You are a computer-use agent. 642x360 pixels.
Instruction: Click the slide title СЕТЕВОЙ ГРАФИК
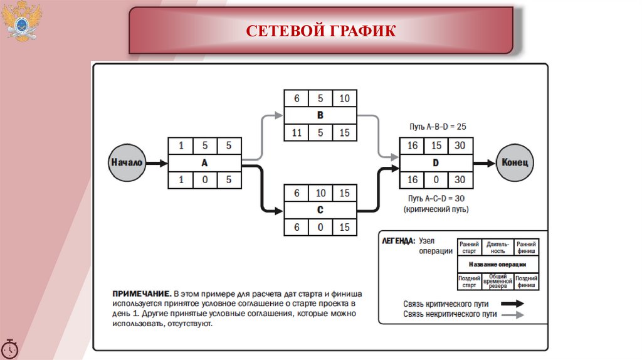point(320,31)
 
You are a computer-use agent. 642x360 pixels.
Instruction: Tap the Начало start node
point(127,162)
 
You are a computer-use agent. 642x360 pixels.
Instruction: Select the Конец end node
point(515,162)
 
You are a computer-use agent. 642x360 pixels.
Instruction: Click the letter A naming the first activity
point(204,162)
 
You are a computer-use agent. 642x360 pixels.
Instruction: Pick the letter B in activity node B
point(320,115)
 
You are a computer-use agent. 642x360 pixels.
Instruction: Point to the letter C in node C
point(320,211)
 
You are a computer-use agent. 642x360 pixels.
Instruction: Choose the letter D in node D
point(436,162)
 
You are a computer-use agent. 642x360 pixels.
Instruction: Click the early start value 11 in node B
point(296,133)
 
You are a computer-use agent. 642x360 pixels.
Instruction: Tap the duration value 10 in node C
point(320,193)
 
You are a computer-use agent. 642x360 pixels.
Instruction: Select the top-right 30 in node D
point(460,146)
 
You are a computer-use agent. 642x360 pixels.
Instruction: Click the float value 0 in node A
point(204,180)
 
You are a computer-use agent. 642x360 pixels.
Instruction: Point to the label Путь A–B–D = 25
point(436,127)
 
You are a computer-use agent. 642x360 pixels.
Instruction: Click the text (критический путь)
point(436,209)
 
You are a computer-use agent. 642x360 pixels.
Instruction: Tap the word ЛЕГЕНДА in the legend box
point(397,241)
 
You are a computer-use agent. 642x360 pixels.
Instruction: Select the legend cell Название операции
point(497,265)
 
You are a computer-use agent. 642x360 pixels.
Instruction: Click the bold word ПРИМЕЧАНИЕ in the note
point(141,294)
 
